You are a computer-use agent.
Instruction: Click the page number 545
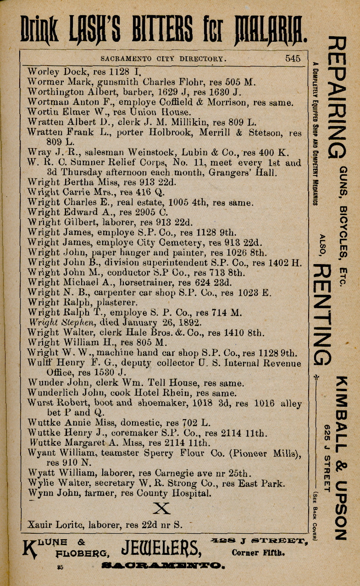(293, 58)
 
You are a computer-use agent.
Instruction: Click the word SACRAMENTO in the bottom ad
(163, 566)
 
